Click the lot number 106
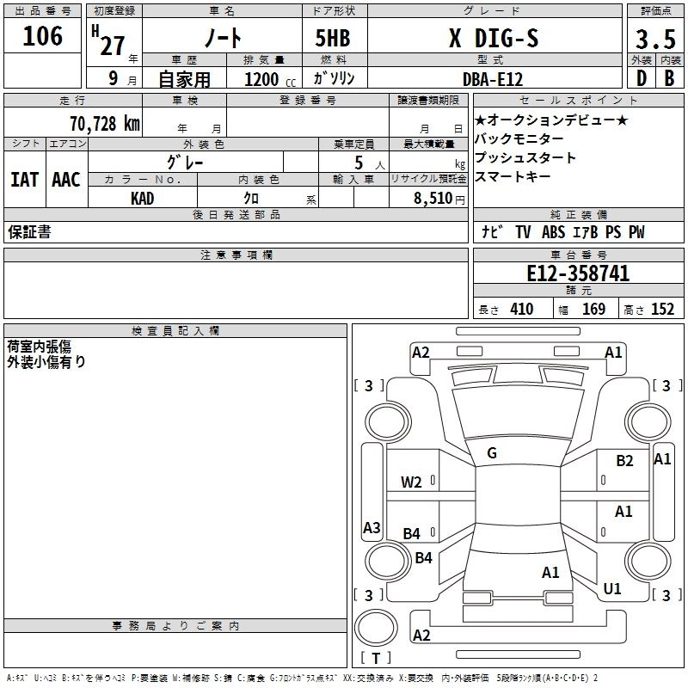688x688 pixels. (42, 36)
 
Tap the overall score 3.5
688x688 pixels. (655, 39)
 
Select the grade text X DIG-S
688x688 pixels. (494, 38)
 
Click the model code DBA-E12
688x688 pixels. (493, 79)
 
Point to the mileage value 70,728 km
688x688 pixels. (105, 123)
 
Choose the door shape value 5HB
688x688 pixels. (333, 38)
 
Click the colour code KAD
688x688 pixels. (143, 199)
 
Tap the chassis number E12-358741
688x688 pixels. (578, 273)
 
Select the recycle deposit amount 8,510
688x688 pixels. (433, 199)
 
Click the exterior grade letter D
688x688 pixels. (642, 78)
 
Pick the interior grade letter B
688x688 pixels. (669, 78)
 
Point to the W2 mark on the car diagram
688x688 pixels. (411, 482)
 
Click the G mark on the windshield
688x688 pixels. (492, 453)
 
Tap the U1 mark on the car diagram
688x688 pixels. (612, 588)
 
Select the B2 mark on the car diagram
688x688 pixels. (624, 461)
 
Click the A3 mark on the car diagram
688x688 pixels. (372, 527)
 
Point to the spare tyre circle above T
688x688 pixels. (376, 628)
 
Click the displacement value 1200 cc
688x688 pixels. (270, 79)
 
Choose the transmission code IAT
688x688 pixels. (25, 180)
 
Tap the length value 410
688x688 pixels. (522, 309)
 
